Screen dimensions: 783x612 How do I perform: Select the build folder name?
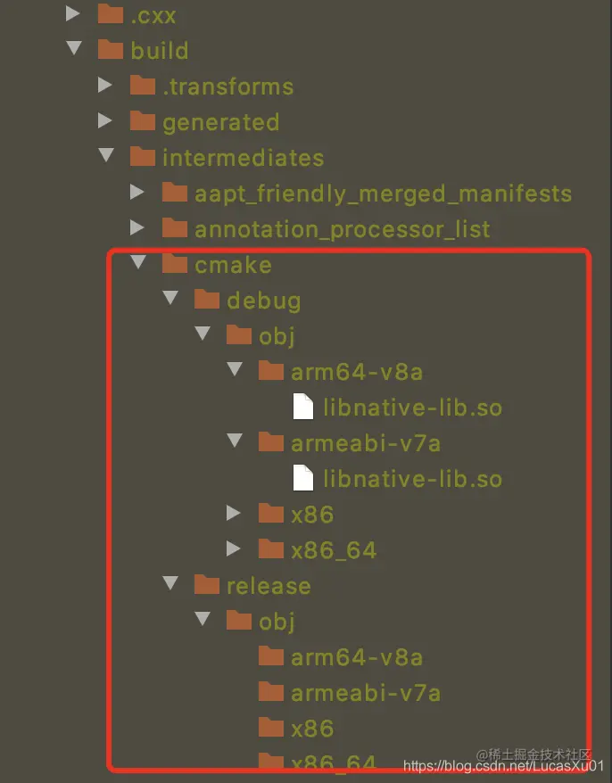point(159,51)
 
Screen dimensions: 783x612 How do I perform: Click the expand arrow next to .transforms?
point(105,86)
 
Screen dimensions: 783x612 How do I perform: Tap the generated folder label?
point(220,122)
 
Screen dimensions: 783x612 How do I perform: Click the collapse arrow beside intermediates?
point(106,157)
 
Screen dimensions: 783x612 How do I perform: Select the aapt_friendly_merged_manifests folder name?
point(383,194)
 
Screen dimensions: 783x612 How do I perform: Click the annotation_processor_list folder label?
point(342,229)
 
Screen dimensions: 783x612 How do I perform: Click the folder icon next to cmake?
point(175,264)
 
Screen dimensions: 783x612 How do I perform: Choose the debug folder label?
point(263,301)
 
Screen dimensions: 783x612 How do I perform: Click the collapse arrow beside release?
point(170,585)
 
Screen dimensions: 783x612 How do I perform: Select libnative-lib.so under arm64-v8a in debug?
point(412,408)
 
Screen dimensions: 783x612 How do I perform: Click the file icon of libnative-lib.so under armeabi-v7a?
point(304,479)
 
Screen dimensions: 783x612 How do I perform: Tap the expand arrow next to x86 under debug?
point(234,514)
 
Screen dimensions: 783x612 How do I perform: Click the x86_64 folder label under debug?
point(333,550)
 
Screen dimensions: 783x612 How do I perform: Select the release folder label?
point(269,586)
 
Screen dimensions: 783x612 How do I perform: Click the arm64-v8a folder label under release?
point(356,657)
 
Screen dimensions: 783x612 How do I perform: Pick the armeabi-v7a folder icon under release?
point(271,692)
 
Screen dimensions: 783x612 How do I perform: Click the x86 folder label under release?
point(311,729)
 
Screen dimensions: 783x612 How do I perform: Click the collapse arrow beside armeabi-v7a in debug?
point(235,442)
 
